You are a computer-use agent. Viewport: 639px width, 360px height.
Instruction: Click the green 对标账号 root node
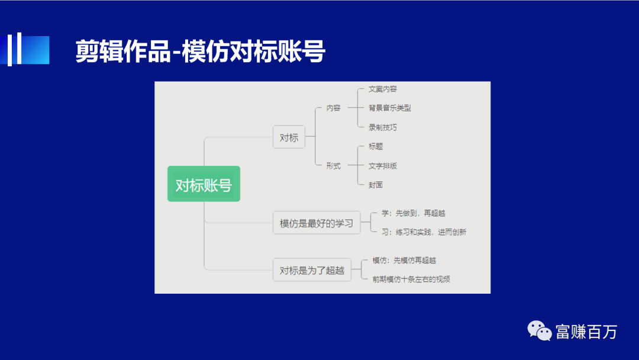coord(204,184)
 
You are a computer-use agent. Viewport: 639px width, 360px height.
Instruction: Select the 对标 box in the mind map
coord(289,137)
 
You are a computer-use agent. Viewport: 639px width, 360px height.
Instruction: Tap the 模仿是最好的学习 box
coord(316,223)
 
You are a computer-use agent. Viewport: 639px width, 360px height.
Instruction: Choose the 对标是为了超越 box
coord(312,269)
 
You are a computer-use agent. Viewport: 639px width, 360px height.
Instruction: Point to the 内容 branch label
coord(333,108)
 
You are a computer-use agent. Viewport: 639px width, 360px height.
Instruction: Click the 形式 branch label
coord(333,166)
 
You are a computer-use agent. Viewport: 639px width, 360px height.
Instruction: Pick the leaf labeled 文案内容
coord(382,89)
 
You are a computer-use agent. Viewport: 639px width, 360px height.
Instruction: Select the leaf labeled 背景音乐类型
coord(389,108)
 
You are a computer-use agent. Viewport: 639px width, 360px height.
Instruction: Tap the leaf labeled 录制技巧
coord(382,127)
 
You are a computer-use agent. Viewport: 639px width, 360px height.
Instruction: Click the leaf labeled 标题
coord(376,146)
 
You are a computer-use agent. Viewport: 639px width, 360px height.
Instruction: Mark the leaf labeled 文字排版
coord(382,166)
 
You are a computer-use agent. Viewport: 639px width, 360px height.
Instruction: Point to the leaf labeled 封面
coord(376,185)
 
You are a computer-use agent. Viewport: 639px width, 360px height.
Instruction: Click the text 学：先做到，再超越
coord(413,213)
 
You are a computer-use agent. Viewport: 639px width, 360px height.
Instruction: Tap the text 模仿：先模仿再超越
coord(404,260)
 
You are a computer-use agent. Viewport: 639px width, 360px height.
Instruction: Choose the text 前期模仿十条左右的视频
coord(411,279)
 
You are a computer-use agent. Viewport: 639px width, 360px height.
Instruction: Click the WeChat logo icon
coord(540,331)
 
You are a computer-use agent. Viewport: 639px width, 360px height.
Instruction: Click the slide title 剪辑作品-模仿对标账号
coord(201,52)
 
